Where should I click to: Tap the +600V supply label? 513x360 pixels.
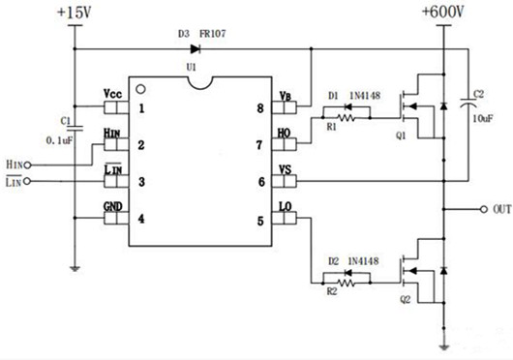coord(444,13)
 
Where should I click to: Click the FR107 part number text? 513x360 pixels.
coord(215,32)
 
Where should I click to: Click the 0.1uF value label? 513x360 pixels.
coord(60,139)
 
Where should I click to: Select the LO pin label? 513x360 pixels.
coord(285,207)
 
